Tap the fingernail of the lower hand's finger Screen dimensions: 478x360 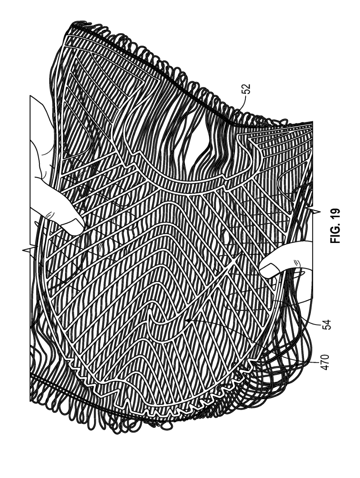tap(268, 268)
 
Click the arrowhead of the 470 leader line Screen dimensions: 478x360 tap(186, 320)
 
